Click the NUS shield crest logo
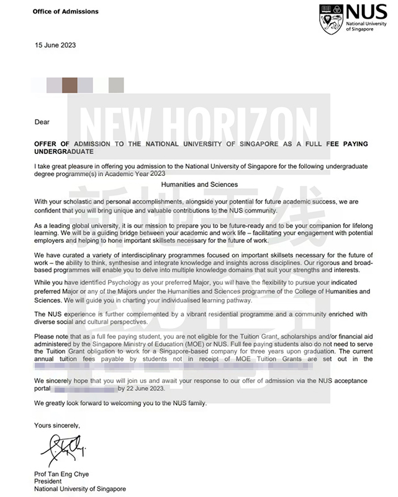tap(329, 19)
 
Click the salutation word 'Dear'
tap(42, 122)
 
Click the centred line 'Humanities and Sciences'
tap(199, 185)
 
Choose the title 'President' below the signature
tap(48, 480)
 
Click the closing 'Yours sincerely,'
tap(57, 425)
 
